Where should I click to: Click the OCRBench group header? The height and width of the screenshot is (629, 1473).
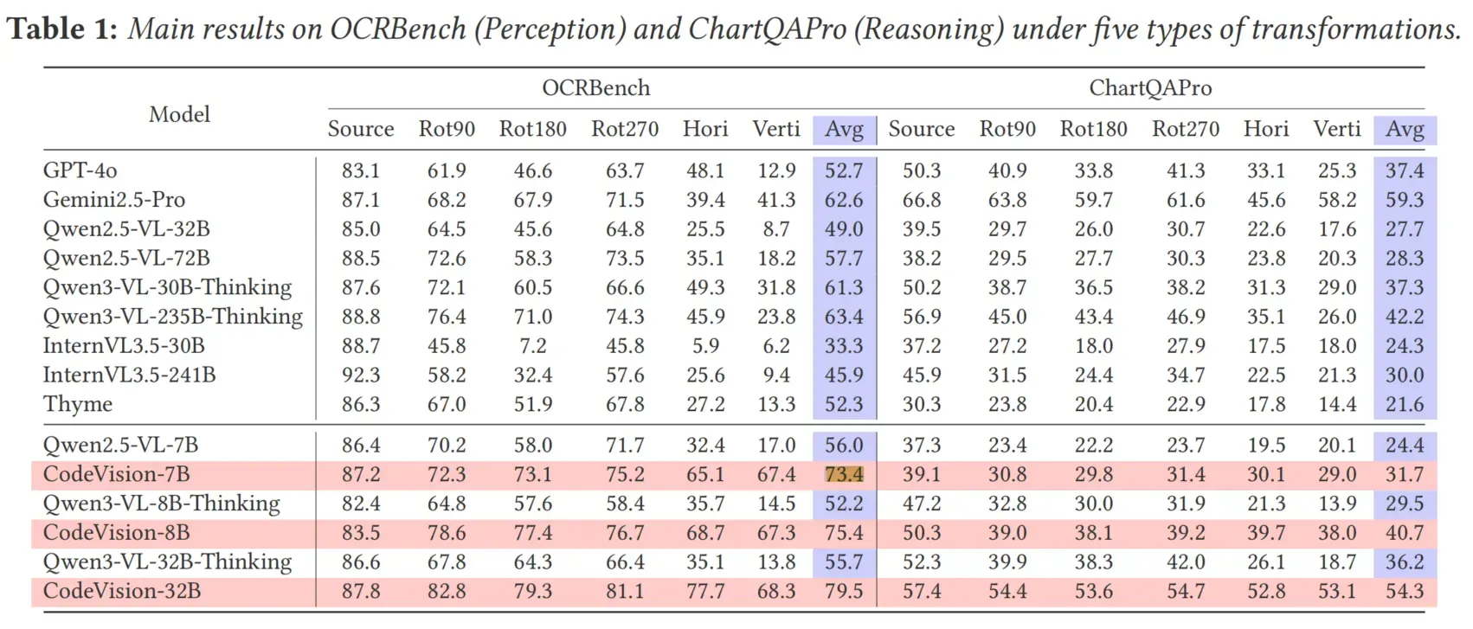595,88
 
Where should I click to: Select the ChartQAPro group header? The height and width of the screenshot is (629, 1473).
1150,88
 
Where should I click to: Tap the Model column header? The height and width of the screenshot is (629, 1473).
179,114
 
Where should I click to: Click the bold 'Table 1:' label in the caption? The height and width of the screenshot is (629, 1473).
62,29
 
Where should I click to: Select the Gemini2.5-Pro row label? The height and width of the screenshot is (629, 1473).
114,200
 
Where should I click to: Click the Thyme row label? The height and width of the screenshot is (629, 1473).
78,404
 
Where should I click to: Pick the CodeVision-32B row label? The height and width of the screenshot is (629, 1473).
122,591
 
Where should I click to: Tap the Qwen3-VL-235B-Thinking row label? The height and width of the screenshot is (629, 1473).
173,317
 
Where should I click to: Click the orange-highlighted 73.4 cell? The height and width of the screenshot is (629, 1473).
844,474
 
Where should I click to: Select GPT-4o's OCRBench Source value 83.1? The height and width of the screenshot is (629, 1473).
360,171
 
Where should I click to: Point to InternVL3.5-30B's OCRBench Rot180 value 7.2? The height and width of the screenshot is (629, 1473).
532,346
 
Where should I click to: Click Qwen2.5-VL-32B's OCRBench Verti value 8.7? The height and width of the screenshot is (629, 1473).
776,228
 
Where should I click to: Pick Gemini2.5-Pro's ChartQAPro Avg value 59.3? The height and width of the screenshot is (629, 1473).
1405,200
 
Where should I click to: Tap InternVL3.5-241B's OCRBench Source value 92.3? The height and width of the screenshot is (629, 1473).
360,375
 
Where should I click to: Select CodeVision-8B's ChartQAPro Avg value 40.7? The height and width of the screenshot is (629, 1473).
1405,532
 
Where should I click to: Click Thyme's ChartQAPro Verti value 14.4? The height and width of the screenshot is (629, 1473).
1337,404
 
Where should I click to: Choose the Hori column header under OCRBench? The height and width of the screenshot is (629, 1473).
705,129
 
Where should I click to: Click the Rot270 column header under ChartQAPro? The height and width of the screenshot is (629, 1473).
1186,129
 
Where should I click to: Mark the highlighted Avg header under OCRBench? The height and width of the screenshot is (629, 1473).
845,130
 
